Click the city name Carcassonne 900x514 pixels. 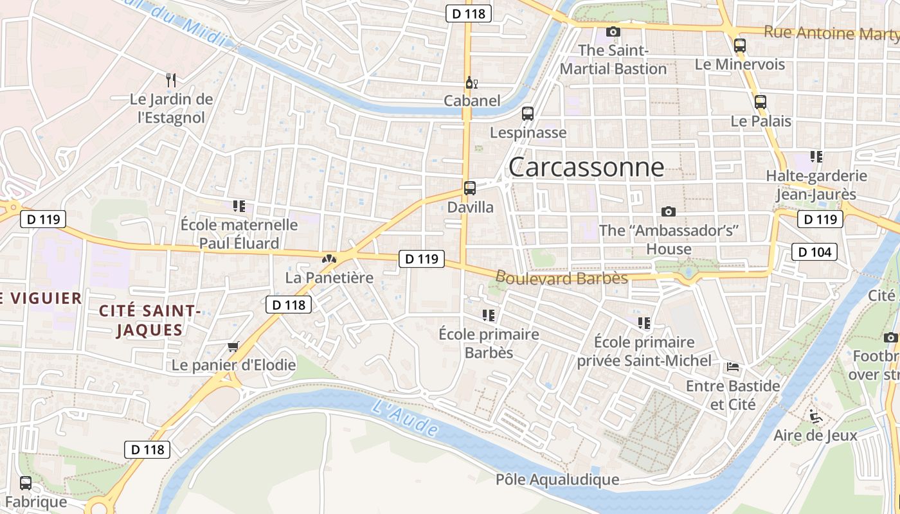point(586,167)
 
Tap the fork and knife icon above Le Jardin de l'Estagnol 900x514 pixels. point(171,80)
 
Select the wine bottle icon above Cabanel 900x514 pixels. point(471,82)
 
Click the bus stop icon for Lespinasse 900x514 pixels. point(528,114)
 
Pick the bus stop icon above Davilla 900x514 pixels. point(470,188)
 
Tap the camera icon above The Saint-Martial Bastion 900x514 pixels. point(613,31)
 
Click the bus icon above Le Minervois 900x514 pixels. point(740,46)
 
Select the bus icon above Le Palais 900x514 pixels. point(760,102)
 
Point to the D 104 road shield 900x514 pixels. point(815,252)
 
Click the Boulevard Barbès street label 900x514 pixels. point(561,278)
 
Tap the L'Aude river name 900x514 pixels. point(405,418)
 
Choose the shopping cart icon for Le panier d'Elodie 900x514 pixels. point(233,347)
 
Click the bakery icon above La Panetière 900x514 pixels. point(329,259)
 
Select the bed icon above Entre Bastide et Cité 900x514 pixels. point(732,368)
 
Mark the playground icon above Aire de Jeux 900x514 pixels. point(815,416)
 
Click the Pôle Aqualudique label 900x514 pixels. point(557,479)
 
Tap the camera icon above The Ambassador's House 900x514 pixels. point(669,211)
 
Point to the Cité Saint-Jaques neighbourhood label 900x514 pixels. point(150,321)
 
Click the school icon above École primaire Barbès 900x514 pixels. point(489,315)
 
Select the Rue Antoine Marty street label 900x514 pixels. point(831,33)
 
